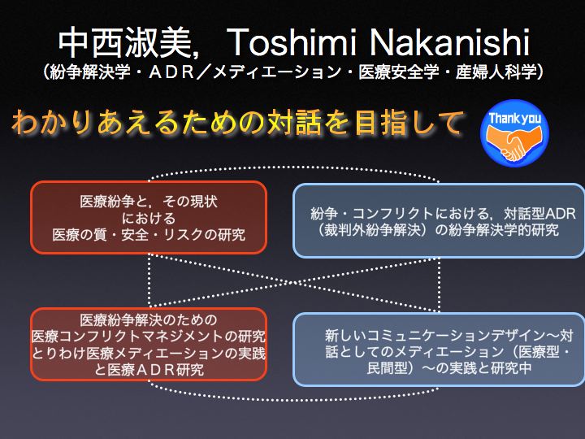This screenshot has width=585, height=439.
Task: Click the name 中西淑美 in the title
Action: [x=125, y=43]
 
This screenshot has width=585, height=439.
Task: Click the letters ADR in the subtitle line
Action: [x=172, y=72]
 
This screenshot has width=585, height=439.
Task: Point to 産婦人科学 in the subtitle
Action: [x=496, y=72]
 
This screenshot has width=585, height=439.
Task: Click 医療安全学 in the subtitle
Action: [x=398, y=72]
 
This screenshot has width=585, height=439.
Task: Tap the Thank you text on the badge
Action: [x=514, y=118]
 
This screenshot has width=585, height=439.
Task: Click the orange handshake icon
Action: [x=514, y=142]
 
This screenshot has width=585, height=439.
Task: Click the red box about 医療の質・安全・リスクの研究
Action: [x=149, y=217]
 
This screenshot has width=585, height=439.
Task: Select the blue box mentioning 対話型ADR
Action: [x=439, y=220]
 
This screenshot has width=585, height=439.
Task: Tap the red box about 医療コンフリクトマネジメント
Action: [x=149, y=344]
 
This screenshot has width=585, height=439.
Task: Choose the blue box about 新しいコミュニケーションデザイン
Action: [x=439, y=350]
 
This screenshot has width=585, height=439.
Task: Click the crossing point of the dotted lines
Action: [x=294, y=283]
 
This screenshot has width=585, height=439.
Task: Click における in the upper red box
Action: [x=149, y=218]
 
